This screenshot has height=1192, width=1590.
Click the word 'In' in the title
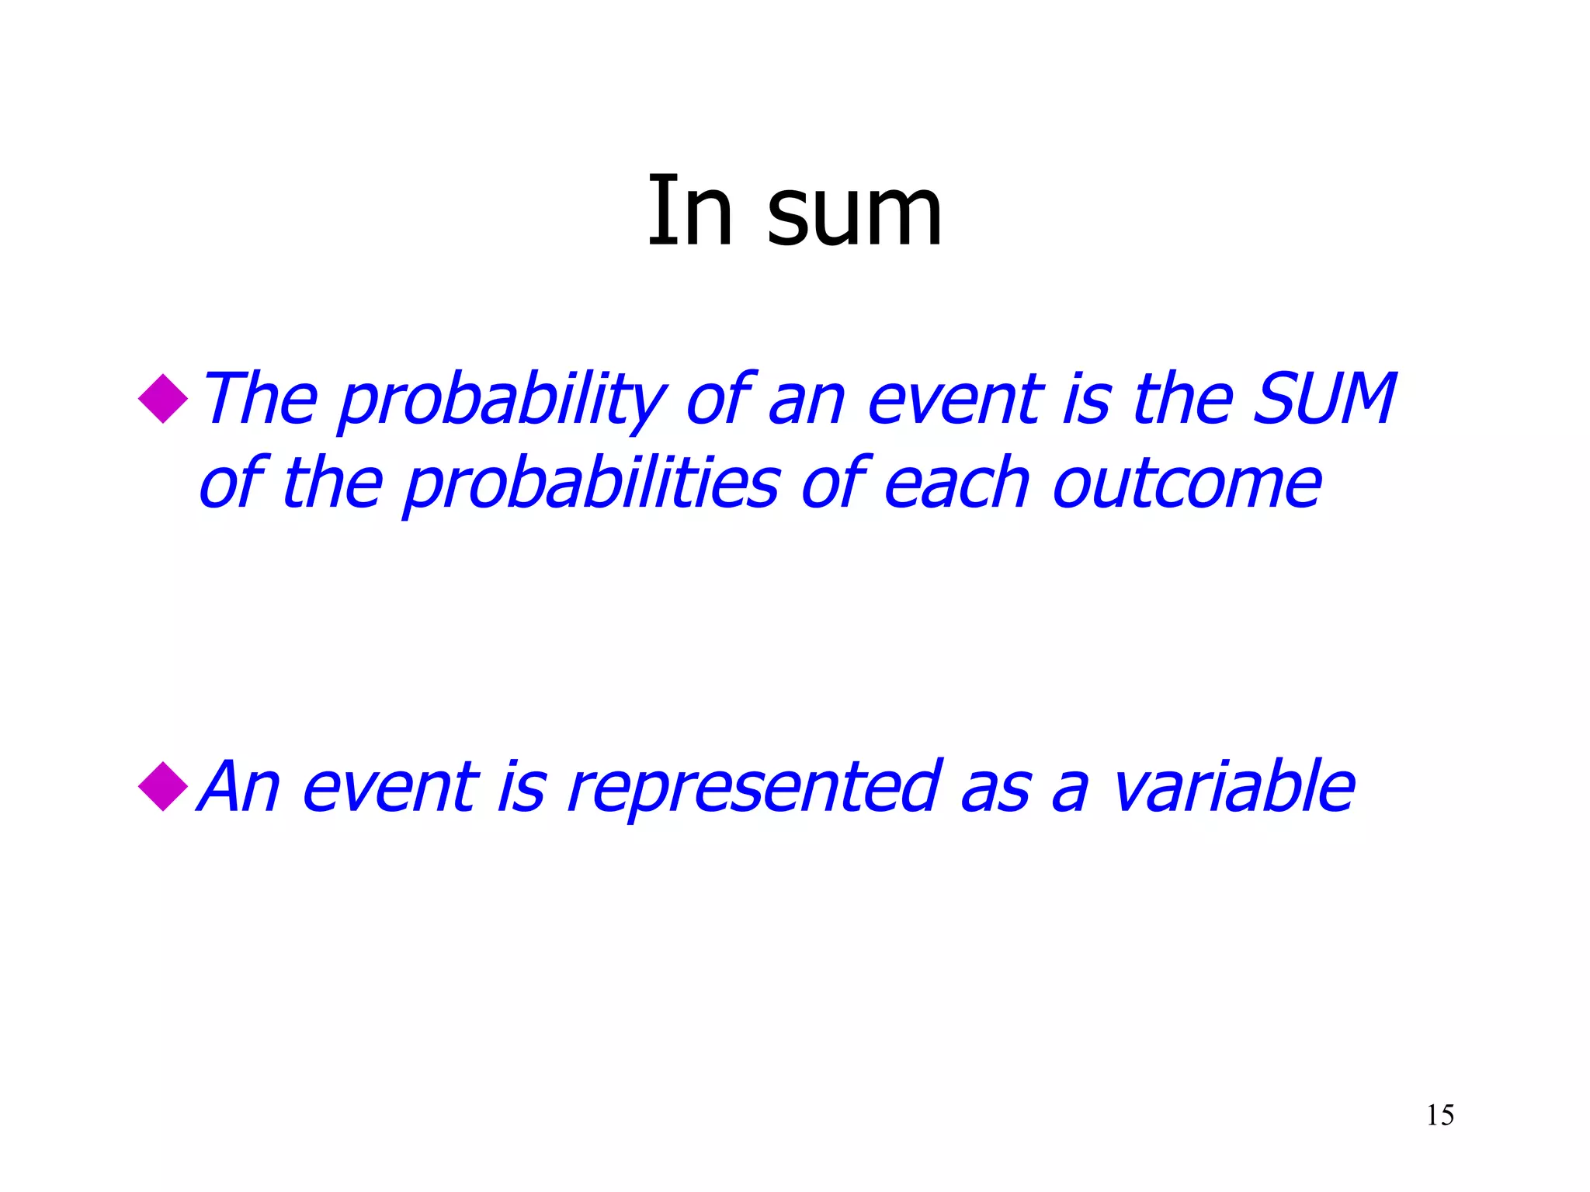(x=690, y=211)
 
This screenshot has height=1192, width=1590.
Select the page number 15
(x=1440, y=1115)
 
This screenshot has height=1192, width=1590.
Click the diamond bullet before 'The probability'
(x=163, y=399)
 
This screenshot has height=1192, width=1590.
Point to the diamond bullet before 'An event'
(x=163, y=787)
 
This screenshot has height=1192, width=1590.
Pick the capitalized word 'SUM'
(x=1325, y=399)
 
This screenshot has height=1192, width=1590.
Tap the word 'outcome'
(x=1187, y=484)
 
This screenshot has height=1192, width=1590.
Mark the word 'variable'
(x=1234, y=787)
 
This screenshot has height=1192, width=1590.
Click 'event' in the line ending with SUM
(x=956, y=400)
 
